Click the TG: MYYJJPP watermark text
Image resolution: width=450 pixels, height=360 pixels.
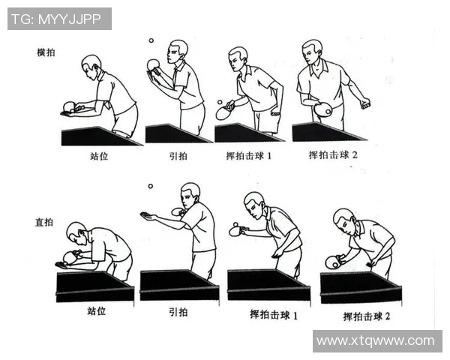coord(59,19)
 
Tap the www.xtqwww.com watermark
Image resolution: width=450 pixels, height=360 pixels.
coord(374,341)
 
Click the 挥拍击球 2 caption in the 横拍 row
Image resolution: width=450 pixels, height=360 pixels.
coord(333,155)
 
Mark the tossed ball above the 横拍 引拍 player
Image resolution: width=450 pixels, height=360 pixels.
coord(151,40)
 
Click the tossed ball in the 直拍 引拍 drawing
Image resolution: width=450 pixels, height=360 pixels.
coord(150,186)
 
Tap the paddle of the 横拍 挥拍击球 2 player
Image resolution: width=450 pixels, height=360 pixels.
coord(324,110)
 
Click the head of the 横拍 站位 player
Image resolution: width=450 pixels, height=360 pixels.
coord(91,64)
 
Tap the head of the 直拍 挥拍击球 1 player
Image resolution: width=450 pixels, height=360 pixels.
coord(254,202)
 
